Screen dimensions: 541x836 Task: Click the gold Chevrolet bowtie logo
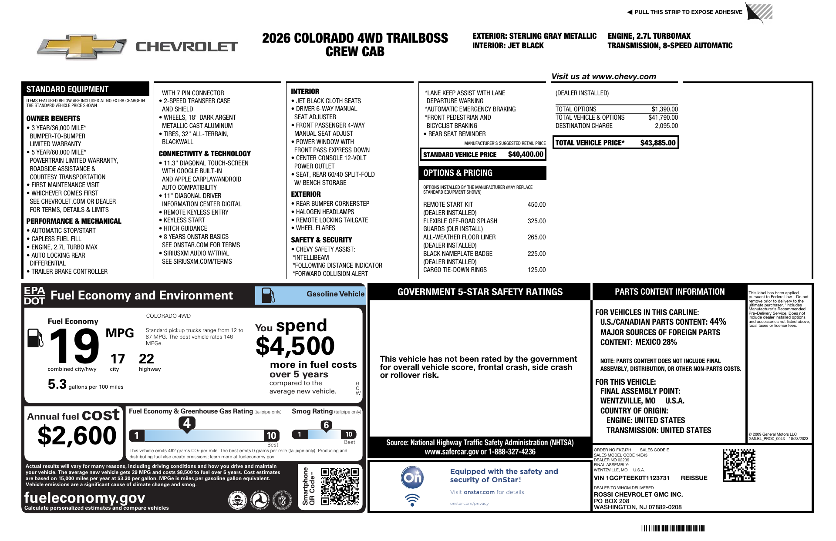point(82,47)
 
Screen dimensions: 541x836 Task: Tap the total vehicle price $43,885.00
point(657,143)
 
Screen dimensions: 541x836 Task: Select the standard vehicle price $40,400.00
point(526,155)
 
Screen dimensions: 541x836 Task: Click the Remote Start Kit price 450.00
point(536,205)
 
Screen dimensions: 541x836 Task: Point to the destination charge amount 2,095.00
point(666,126)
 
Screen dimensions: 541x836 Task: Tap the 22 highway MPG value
point(146,359)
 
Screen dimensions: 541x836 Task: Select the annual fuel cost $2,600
point(77,436)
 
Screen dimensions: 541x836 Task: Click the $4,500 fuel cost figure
point(295,346)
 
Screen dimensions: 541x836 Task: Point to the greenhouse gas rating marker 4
point(187,423)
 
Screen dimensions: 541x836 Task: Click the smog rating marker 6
point(326,425)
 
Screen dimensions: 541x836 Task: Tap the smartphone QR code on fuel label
point(340,486)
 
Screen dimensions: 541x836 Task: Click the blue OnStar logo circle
point(412,477)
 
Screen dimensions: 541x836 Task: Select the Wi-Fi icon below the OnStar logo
point(412,500)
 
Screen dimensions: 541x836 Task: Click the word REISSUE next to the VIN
point(694,478)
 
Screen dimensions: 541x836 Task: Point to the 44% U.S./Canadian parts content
point(718,322)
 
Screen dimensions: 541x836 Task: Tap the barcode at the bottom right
point(673,529)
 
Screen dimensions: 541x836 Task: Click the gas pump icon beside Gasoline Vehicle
point(268,295)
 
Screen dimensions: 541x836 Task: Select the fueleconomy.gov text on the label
point(84,497)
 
